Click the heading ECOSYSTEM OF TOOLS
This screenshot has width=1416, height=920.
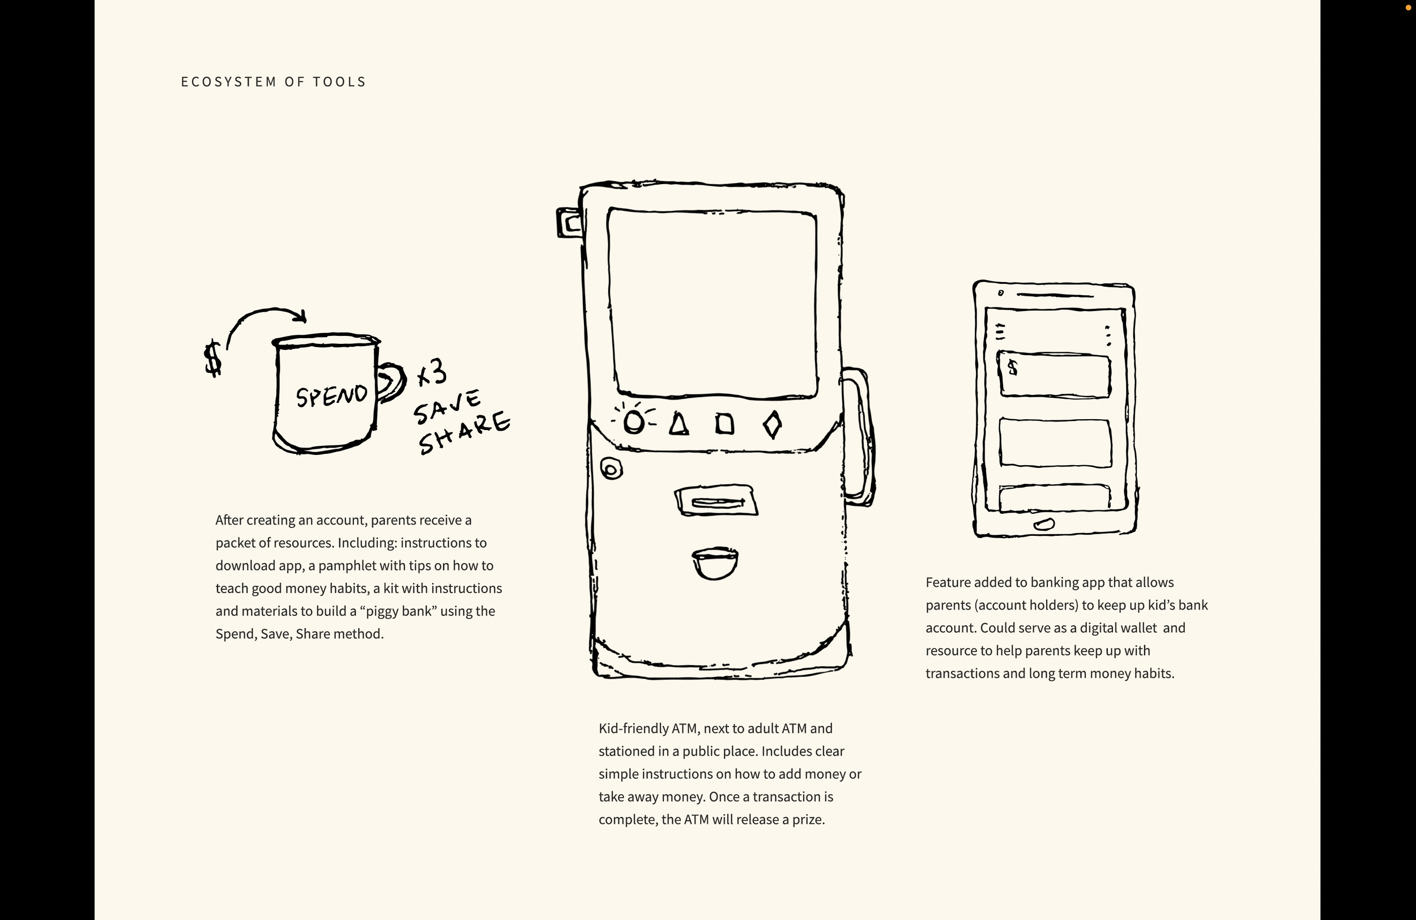coord(273,82)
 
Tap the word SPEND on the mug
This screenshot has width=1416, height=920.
coord(331,396)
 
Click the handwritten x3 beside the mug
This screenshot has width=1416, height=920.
coord(432,373)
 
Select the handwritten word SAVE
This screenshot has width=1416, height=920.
coord(447,407)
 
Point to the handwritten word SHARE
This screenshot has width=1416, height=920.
coord(464,433)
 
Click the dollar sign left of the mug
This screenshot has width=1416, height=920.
coord(212,358)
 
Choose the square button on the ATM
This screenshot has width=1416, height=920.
coord(724,424)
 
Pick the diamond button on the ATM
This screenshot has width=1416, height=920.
coord(772,425)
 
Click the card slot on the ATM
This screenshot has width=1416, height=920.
coord(716,501)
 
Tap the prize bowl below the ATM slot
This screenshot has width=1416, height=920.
coord(715,563)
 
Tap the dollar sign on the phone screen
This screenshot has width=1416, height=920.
coord(1013,368)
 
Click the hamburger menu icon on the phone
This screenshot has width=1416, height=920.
coord(1000,331)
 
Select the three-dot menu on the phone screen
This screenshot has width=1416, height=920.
coord(1107,335)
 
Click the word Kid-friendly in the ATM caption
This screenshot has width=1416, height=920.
coord(633,729)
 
